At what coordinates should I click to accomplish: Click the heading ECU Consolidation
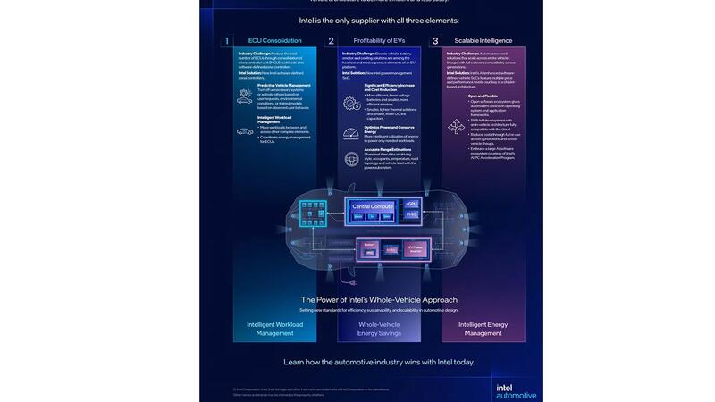[274, 40]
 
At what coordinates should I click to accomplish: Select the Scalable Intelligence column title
[484, 40]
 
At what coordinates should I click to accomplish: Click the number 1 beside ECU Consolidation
[227, 40]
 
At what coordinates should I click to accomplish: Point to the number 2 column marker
[331, 40]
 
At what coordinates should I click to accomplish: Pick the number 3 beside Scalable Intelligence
[435, 40]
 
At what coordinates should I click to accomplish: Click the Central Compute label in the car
[373, 206]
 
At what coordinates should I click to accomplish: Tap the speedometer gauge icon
[351, 133]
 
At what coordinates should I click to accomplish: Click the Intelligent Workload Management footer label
[274, 328]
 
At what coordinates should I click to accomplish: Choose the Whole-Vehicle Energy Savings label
[379, 328]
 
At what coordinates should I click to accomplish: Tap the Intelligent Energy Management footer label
[484, 328]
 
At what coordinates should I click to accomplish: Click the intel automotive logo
[516, 389]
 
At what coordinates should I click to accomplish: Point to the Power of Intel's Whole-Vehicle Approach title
[379, 299]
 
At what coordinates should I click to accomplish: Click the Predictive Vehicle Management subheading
[284, 86]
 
